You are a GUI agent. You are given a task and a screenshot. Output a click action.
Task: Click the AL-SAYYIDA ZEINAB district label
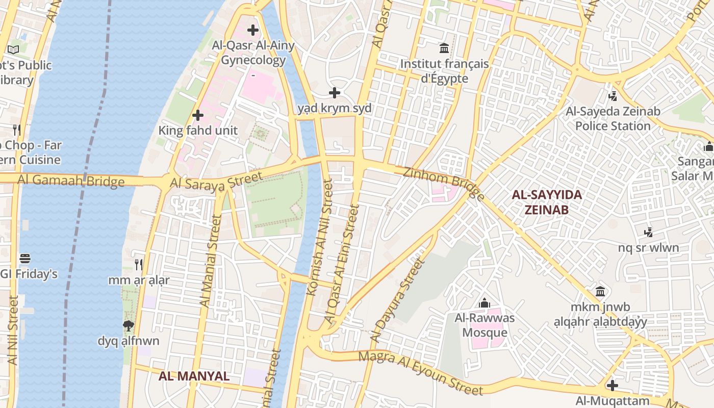[x=547, y=202]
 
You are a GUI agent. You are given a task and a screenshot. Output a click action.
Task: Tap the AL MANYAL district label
[x=194, y=376]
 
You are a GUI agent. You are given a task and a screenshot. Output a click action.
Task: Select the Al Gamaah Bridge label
[x=71, y=180]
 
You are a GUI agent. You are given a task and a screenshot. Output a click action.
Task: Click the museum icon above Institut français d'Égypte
[x=444, y=48]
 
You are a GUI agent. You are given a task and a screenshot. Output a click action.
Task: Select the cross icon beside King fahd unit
[x=198, y=115]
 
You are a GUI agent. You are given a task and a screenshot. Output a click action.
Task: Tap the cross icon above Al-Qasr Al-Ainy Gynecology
[x=253, y=30]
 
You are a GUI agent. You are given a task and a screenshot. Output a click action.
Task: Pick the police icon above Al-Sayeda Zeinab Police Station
[x=613, y=95]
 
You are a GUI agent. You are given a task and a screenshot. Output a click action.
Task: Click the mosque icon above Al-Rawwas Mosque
[x=484, y=303]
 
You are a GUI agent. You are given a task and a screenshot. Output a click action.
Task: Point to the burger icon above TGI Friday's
[x=25, y=259]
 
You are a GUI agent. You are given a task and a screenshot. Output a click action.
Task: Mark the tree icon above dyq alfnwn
[x=129, y=325]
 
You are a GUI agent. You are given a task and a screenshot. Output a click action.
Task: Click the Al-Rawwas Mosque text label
[x=484, y=325]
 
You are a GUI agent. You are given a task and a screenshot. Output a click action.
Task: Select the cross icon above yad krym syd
[x=335, y=93]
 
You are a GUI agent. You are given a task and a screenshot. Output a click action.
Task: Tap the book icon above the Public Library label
[x=13, y=49]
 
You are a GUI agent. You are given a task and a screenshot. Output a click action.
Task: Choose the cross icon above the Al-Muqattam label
[x=613, y=385]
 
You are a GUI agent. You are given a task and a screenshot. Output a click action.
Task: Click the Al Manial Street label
[x=210, y=261]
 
